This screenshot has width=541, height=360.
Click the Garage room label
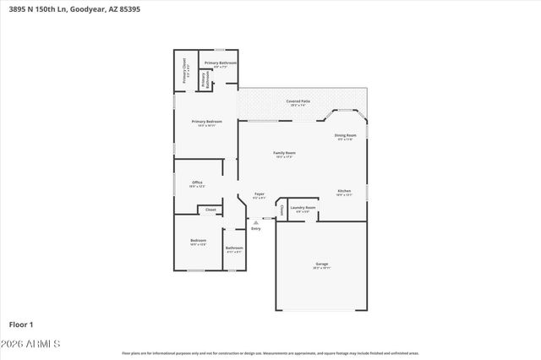pos(322,264)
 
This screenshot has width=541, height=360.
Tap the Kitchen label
pos(344,191)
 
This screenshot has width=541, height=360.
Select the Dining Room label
pos(345,135)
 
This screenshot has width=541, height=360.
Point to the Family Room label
pos(284,153)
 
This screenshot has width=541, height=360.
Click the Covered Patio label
pos(298,101)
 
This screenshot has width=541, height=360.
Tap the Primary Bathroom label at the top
pos(220,63)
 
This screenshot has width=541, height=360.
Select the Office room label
pos(197,182)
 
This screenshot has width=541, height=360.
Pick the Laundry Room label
pos(303,207)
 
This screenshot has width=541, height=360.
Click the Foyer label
pos(260,194)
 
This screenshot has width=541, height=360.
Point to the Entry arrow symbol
pos(256,222)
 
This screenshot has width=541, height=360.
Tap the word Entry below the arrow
pos(256,229)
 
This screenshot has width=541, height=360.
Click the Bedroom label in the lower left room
pos(198,241)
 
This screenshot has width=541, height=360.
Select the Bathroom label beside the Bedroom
pos(234,248)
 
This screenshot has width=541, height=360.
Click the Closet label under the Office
pos(210,210)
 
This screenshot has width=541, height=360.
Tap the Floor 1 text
pos(21,324)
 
